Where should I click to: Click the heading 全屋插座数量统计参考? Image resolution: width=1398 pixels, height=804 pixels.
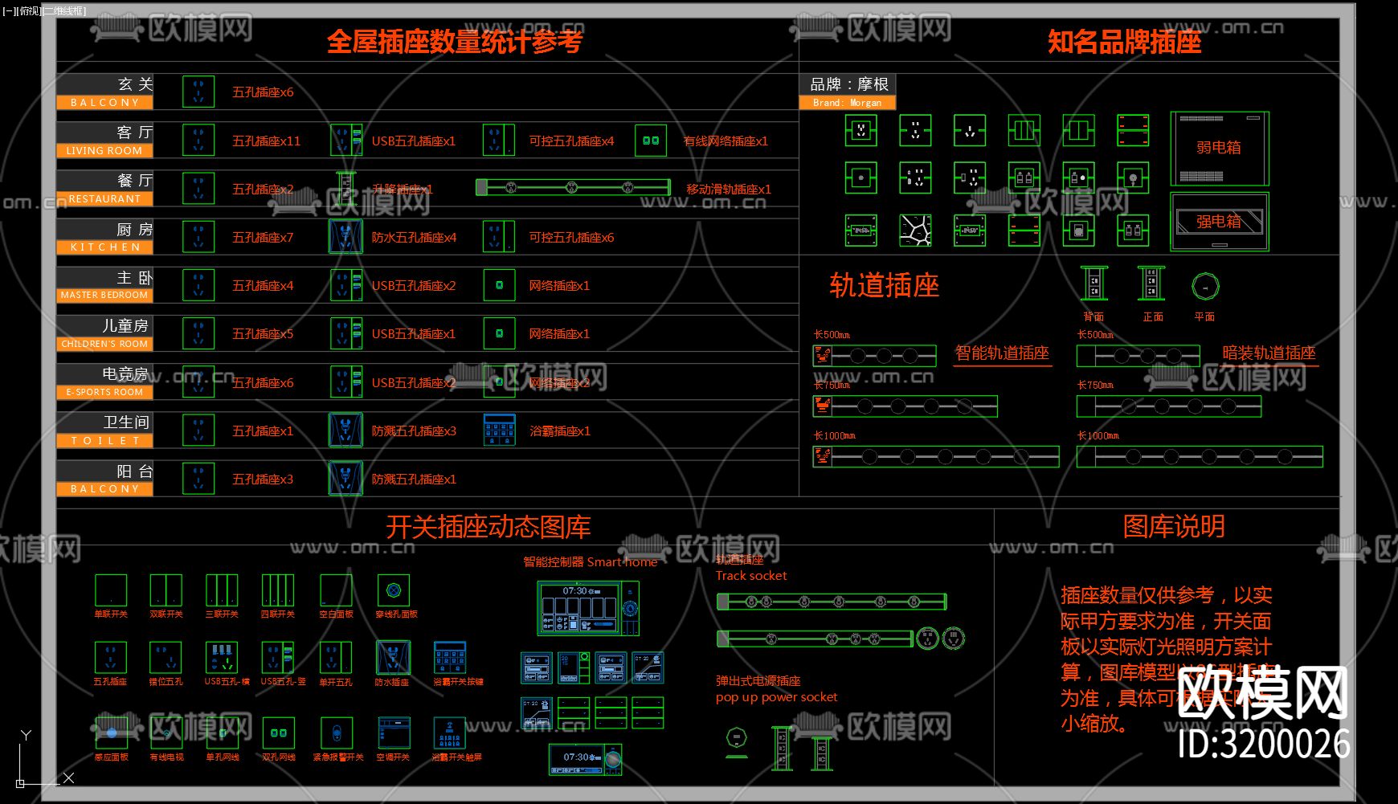tap(454, 42)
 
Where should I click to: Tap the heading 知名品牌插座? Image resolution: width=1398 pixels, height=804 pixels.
tap(1124, 42)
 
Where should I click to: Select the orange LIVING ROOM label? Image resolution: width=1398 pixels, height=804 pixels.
tap(104, 151)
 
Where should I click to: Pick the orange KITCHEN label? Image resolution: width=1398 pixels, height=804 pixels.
tap(104, 247)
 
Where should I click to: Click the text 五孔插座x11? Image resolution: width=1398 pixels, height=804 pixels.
tap(266, 141)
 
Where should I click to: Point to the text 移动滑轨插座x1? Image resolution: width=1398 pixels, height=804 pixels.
tap(728, 190)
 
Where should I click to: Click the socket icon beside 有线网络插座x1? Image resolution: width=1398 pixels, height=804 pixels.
tap(650, 141)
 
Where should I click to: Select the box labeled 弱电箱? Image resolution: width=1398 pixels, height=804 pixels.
tap(1219, 149)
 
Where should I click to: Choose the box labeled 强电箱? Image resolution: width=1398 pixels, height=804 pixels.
tap(1219, 222)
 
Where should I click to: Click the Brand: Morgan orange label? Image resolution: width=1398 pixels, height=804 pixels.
tap(847, 103)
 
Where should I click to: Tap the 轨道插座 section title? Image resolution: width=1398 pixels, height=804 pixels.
tap(884, 286)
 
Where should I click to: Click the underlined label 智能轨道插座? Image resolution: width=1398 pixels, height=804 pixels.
tap(1002, 353)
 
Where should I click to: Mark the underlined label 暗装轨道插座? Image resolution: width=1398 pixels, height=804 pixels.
tap(1269, 353)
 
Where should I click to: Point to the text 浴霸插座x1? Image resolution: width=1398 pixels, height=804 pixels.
tap(560, 431)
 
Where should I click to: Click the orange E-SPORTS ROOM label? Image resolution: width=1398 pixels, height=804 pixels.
tap(104, 393)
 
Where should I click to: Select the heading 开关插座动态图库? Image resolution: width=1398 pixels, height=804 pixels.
tap(488, 527)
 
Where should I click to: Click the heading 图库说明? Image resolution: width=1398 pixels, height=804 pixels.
tap(1173, 527)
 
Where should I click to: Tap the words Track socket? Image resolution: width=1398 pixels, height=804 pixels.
tap(751, 576)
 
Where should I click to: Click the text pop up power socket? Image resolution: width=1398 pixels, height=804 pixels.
tap(776, 697)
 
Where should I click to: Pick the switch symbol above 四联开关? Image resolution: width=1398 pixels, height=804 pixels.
tap(277, 590)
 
